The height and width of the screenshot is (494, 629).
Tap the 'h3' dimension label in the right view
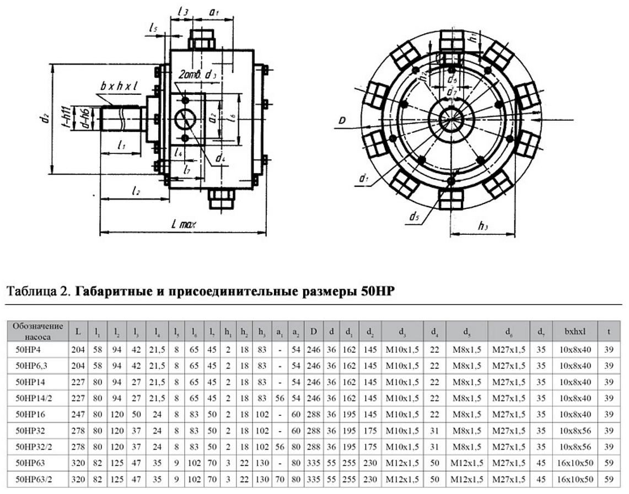[483, 225]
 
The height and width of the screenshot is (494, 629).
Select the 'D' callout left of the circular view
[342, 119]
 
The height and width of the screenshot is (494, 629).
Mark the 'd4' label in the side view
[221, 159]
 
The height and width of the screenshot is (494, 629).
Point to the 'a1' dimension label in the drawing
[214, 11]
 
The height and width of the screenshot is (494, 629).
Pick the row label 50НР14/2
[38, 398]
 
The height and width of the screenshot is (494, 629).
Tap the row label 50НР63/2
[38, 479]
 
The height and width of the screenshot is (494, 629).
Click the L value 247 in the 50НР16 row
[78, 414]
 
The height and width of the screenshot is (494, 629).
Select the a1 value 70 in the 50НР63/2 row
[279, 479]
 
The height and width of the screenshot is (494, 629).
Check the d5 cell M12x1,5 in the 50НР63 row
[466, 463]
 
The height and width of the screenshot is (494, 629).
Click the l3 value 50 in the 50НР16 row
[136, 414]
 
